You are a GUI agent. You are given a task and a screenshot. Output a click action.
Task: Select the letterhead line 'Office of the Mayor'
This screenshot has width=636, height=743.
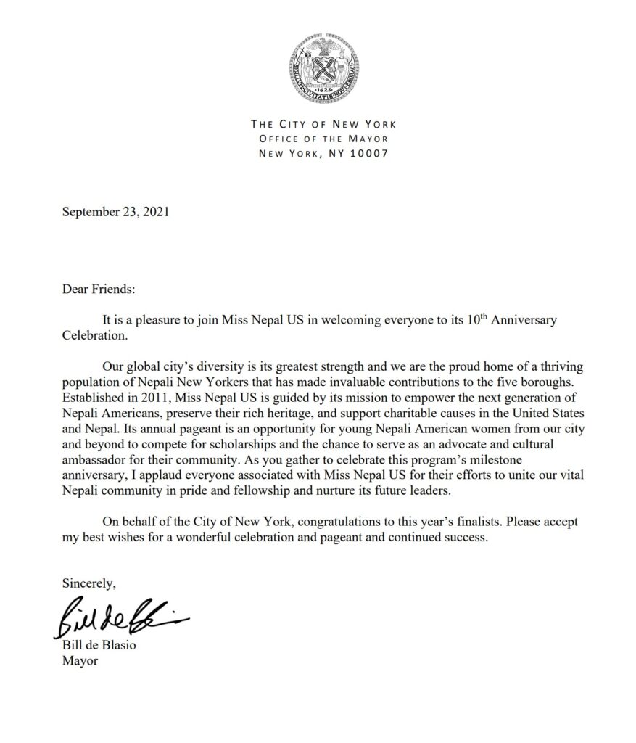tap(323, 139)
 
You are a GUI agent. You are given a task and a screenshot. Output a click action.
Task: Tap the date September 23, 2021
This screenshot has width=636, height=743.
tap(116, 213)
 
